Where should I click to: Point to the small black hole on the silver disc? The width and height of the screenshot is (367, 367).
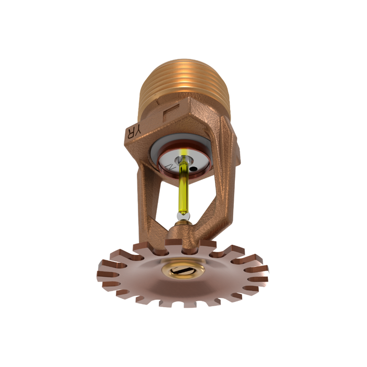[195, 169]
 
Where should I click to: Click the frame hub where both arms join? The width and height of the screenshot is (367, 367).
[183, 233]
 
